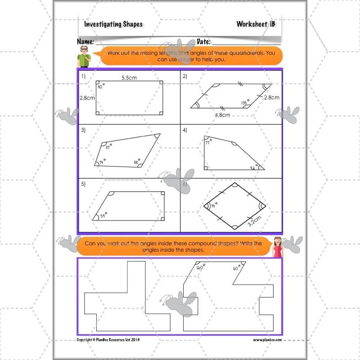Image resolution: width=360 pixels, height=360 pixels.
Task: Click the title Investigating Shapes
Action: coord(113,24)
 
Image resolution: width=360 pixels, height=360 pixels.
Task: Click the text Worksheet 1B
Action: coord(255,24)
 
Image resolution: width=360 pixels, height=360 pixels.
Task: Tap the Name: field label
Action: coord(85,42)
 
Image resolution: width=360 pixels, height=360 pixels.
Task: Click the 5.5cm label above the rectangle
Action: coord(129,77)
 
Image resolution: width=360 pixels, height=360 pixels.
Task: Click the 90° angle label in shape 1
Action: coord(101,87)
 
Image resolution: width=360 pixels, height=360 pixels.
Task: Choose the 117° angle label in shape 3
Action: coord(108,147)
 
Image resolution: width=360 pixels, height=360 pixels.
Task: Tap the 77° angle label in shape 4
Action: coord(208,143)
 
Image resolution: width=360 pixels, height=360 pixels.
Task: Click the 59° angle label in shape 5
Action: coord(103,216)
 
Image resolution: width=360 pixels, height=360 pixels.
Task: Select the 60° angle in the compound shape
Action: coord(235,268)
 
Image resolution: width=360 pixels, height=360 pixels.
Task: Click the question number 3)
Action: coord(84,130)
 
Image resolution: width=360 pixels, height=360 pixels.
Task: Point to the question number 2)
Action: coord(184,76)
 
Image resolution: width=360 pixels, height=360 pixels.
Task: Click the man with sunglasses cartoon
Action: coord(84,56)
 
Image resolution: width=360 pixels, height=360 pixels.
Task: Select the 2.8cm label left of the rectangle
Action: coord(86,97)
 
